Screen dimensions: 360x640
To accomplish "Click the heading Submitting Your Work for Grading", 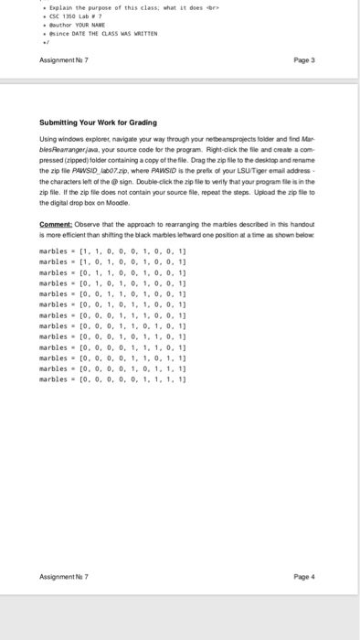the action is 99,123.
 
